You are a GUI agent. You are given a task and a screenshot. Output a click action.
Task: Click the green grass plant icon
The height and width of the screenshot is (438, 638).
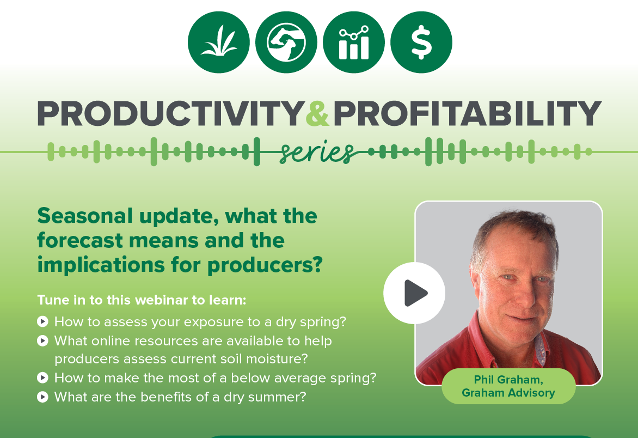(219, 42)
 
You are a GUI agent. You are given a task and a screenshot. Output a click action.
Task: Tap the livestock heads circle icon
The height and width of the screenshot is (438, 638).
(286, 42)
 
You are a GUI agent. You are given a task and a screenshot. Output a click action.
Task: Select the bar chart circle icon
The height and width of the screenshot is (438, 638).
(354, 42)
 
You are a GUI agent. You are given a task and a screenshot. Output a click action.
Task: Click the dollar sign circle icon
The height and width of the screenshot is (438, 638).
(421, 42)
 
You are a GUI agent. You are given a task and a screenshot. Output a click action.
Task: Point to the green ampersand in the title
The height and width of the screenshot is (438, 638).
(317, 113)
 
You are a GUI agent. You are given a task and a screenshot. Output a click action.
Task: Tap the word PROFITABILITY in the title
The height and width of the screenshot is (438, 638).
(467, 113)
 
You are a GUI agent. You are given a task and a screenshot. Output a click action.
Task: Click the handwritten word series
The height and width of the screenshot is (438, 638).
(316, 153)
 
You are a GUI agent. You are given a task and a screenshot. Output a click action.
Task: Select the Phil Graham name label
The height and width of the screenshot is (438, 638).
(508, 386)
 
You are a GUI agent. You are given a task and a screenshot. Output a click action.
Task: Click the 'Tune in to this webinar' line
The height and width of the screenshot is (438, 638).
(142, 300)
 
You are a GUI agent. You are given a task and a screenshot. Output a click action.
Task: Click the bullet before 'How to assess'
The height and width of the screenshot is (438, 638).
(42, 322)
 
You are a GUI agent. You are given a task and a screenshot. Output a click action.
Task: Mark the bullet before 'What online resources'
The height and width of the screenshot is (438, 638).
(42, 341)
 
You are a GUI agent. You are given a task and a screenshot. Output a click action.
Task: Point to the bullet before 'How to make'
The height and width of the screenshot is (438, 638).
(42, 378)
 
